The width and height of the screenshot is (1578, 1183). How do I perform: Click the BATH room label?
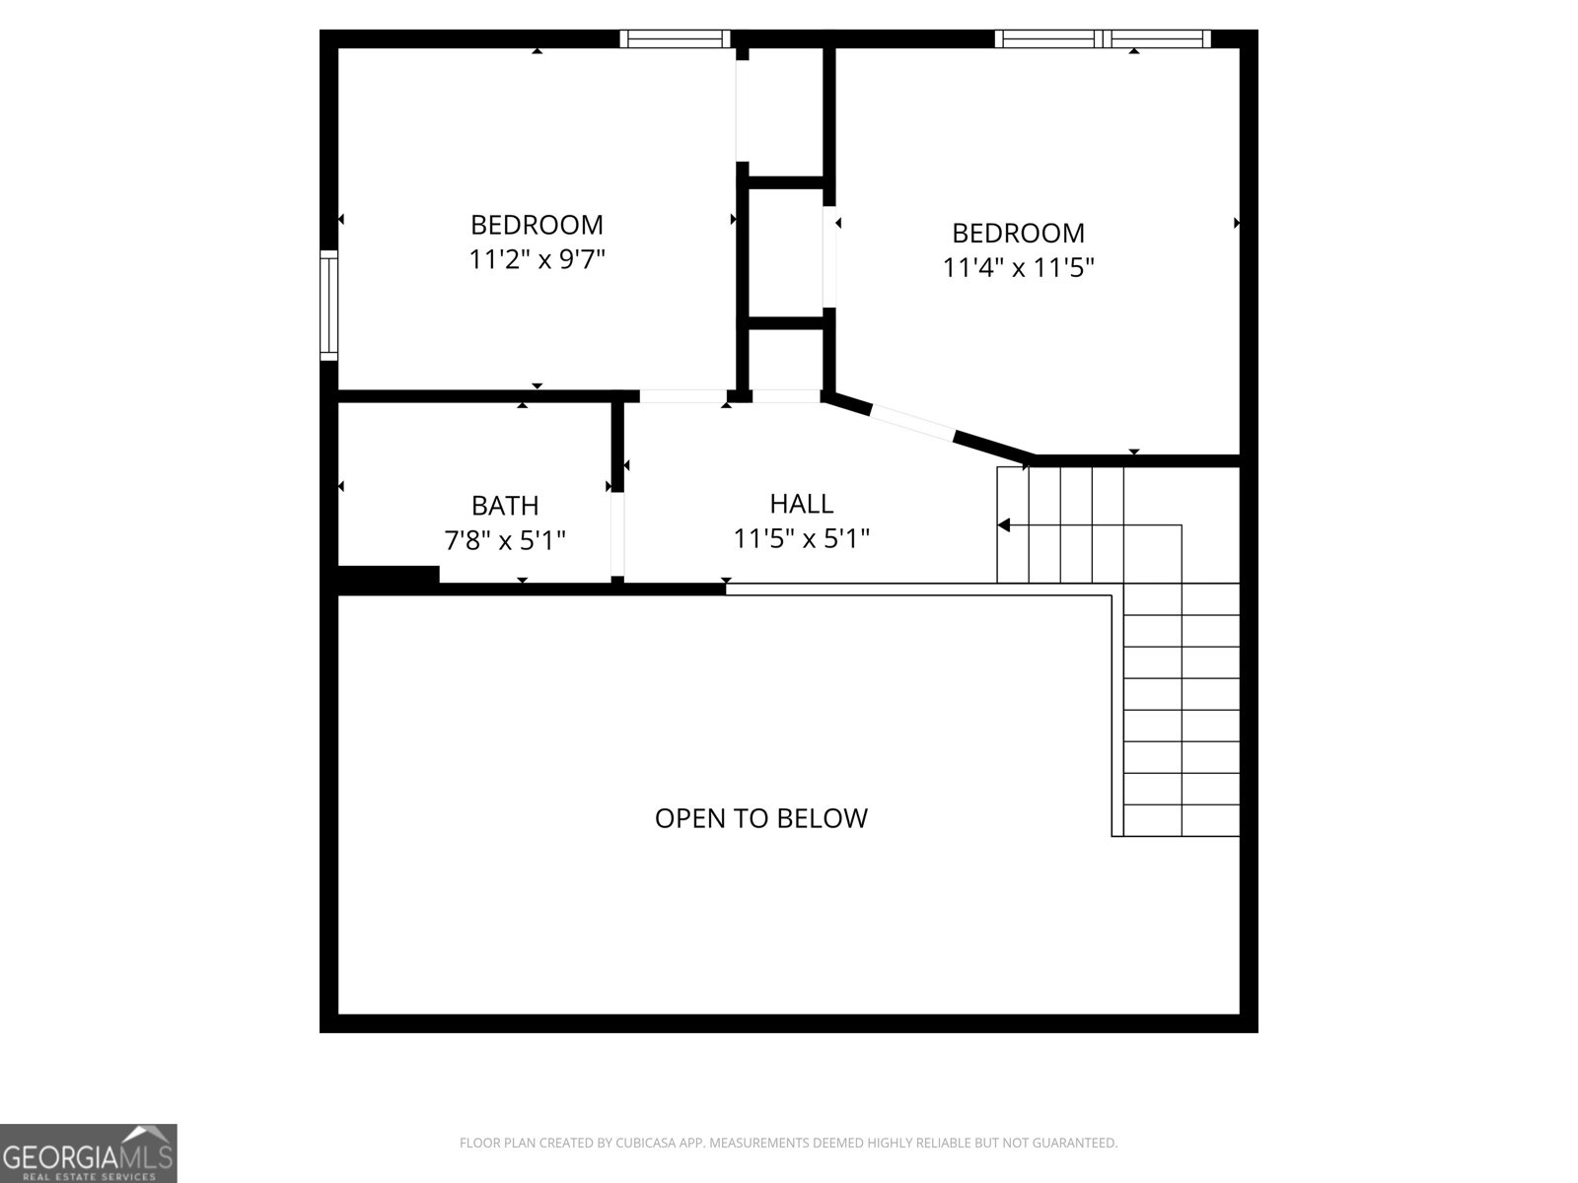coord(505,506)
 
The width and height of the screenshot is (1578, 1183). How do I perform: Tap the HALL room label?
coord(801,504)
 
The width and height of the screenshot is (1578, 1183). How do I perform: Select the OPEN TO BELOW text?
coord(761,818)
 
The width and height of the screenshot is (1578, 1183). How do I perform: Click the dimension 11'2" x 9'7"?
coord(537,260)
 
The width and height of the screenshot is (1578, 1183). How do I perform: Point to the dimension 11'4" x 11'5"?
coord(1019,267)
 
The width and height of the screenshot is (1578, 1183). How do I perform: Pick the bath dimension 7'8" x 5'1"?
coord(505,540)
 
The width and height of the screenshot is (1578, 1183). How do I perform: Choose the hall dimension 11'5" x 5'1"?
coord(801,539)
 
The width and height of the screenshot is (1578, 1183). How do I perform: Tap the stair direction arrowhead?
coord(1004,525)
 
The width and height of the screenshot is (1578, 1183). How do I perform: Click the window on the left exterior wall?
coord(328,305)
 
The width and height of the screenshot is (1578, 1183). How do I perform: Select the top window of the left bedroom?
coord(676,39)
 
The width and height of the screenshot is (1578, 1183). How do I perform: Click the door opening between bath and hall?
coord(617,533)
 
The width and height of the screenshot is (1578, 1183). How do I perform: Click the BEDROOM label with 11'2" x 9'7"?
coord(537,226)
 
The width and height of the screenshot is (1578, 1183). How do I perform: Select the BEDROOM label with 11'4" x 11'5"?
coord(1018,234)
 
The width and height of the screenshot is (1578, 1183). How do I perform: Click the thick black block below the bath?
coord(389,579)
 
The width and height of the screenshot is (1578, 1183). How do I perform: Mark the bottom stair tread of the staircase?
coord(1182,820)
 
